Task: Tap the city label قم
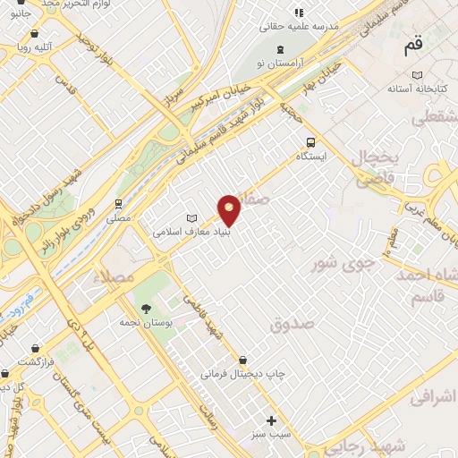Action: (x=413, y=42)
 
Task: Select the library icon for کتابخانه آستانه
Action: (x=416, y=75)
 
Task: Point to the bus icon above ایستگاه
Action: (x=310, y=141)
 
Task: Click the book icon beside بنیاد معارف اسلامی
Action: (x=191, y=217)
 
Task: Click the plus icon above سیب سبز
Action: (x=272, y=420)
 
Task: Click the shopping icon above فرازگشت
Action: (x=34, y=347)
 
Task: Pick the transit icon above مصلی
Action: (x=118, y=204)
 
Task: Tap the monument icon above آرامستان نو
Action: (x=282, y=48)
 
